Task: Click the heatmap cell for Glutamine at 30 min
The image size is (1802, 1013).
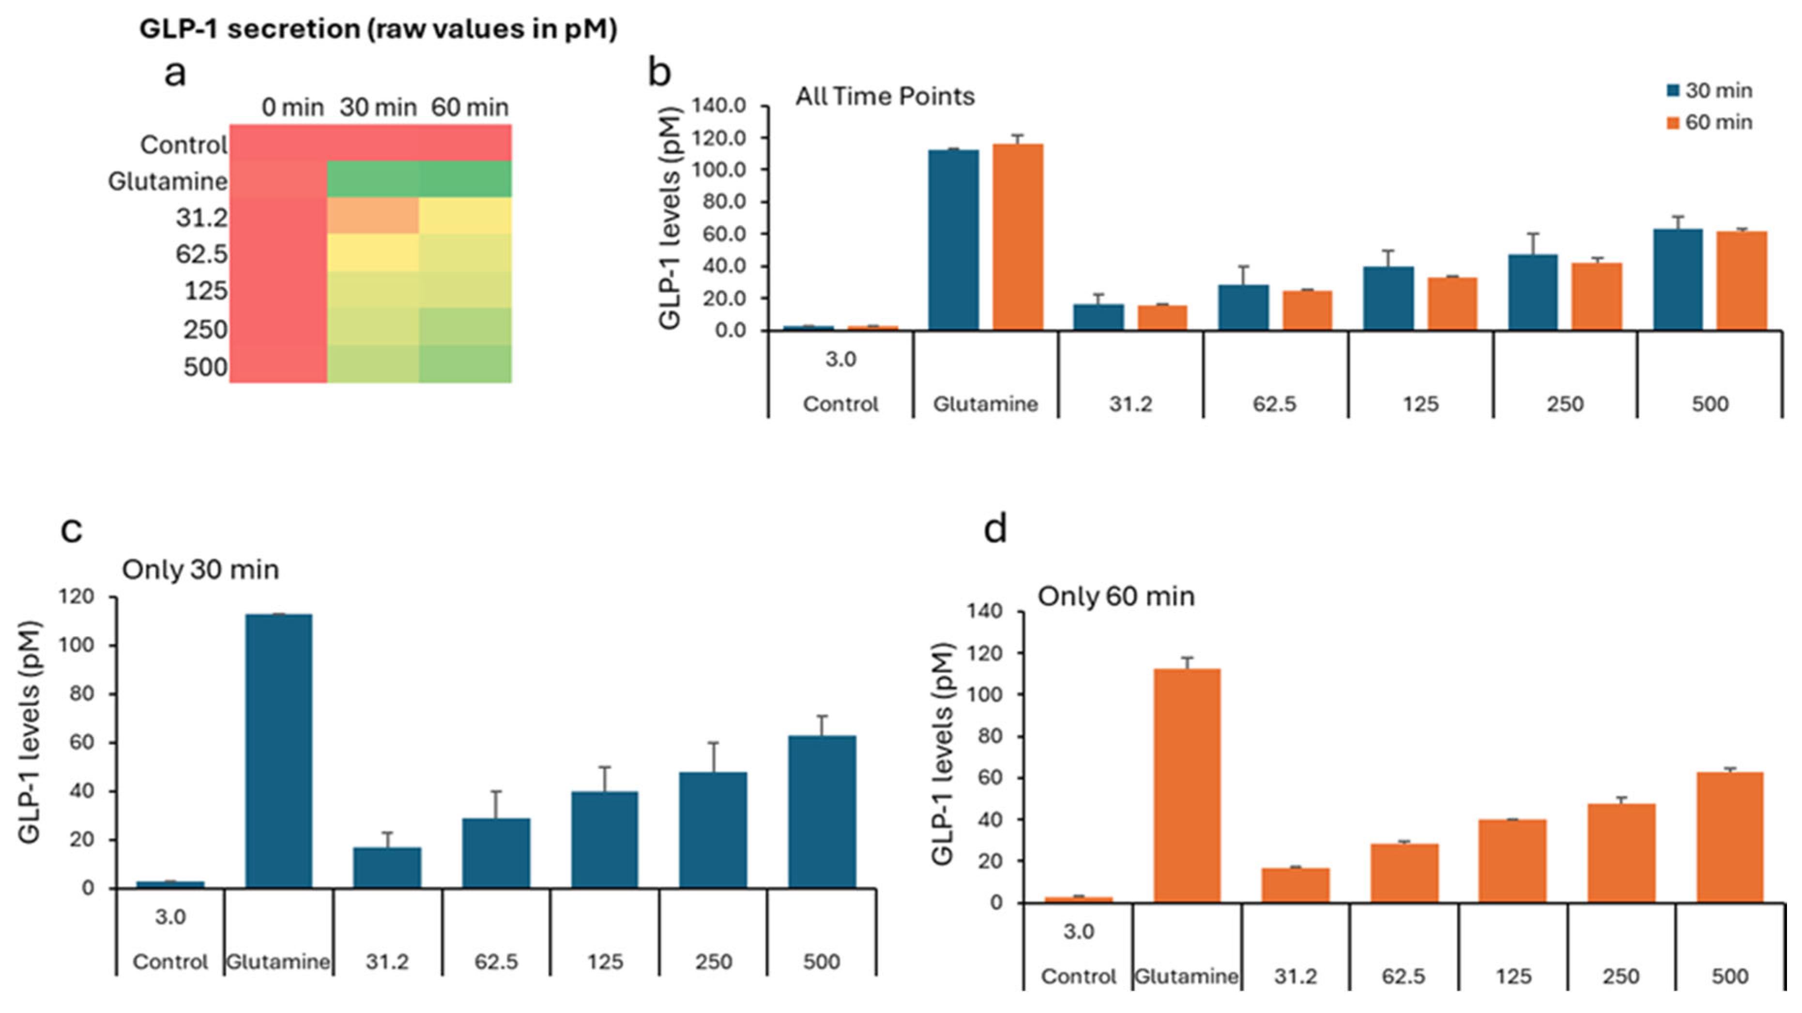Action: pyautogui.click(x=373, y=179)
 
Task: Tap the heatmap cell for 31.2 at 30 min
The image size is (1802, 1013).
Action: pyautogui.click(x=373, y=215)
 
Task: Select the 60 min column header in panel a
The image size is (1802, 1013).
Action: pyautogui.click(x=470, y=107)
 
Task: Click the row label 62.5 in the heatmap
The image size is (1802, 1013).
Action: pyautogui.click(x=201, y=254)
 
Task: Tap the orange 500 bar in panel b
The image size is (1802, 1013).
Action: pyautogui.click(x=1741, y=280)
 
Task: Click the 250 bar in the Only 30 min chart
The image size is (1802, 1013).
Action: pyautogui.click(x=713, y=829)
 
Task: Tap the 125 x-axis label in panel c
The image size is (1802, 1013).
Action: pyautogui.click(x=604, y=962)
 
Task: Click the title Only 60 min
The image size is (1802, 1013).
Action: pyautogui.click(x=1116, y=597)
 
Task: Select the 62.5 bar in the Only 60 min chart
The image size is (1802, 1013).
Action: pyautogui.click(x=1404, y=873)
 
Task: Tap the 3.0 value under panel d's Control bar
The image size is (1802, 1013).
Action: pyautogui.click(x=1078, y=932)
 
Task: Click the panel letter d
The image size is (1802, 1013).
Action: pyautogui.click(x=995, y=530)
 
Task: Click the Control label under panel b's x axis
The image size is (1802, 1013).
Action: pyautogui.click(x=840, y=404)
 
